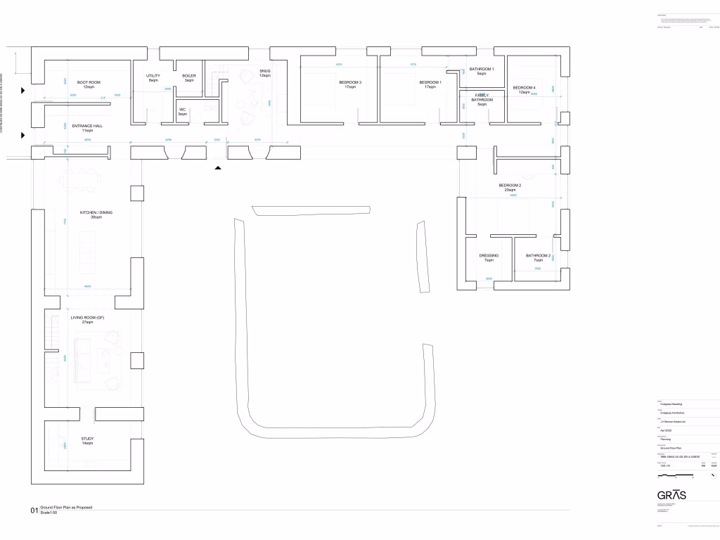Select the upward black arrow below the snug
pos(218,168)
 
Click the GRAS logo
pos(671,494)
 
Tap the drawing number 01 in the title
pos(34,510)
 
